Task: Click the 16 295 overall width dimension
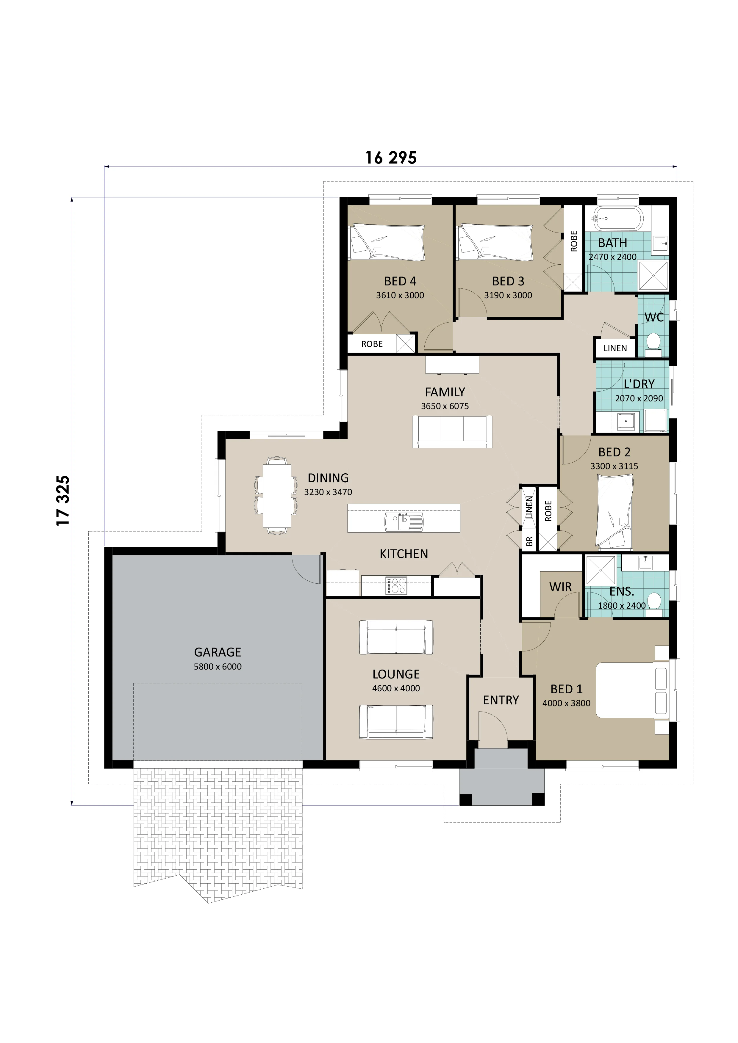coord(391,158)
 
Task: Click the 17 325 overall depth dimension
coord(63,501)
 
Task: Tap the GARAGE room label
coord(217,652)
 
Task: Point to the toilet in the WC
coord(653,343)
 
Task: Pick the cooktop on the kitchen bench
coord(396,585)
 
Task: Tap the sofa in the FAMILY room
coord(452,431)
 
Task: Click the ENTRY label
coord(501,700)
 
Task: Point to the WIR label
coord(560,587)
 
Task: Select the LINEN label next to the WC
coord(615,348)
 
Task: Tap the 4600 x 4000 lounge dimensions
coord(396,688)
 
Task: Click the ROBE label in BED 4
coord(372,344)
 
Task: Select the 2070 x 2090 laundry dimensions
coord(639,398)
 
